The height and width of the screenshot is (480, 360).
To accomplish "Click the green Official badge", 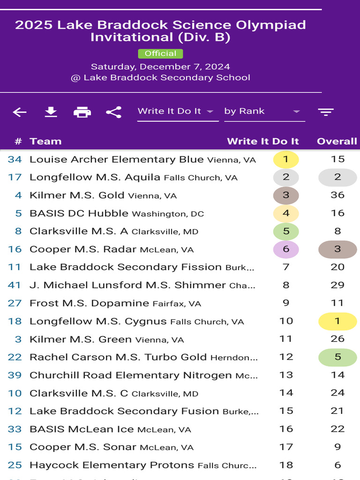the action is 160,53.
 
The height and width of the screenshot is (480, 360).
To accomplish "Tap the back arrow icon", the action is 20,112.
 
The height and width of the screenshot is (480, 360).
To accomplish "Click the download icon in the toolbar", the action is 51,112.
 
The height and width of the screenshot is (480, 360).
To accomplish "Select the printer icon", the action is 82,112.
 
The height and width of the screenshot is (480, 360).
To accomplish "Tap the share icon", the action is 113,112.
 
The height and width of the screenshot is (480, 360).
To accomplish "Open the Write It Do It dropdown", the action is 178,112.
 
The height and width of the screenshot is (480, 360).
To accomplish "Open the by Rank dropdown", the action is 264,112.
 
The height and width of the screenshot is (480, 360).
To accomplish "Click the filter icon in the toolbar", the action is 326,112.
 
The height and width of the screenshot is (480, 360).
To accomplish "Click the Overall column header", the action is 337,141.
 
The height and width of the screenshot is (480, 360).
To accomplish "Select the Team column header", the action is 45,141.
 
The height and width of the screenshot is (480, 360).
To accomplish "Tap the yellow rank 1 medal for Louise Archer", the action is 286,159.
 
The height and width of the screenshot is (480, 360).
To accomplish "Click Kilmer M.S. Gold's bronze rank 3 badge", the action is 286,195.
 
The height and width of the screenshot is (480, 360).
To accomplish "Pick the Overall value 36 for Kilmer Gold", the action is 337,195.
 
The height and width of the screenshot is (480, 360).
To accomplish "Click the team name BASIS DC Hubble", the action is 79,213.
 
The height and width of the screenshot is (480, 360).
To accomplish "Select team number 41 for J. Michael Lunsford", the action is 15,285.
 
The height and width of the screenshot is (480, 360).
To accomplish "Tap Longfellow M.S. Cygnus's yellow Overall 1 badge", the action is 337,321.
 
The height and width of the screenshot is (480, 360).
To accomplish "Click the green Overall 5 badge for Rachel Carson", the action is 337,357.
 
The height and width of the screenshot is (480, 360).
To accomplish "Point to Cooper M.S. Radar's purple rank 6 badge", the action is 286,249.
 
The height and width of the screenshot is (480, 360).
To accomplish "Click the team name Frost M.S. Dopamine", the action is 90,303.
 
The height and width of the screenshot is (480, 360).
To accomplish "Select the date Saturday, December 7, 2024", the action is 160,67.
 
